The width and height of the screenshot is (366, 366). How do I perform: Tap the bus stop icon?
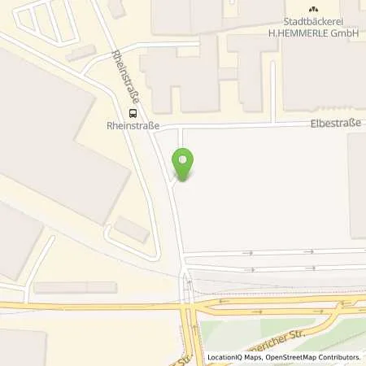[129, 114]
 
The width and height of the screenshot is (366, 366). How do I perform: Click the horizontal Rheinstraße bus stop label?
[130, 126]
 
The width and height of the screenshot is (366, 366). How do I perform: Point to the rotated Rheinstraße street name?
[125, 75]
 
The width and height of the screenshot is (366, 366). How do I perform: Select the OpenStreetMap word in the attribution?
[288, 357]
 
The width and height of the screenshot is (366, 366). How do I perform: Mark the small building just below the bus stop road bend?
[131, 229]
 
